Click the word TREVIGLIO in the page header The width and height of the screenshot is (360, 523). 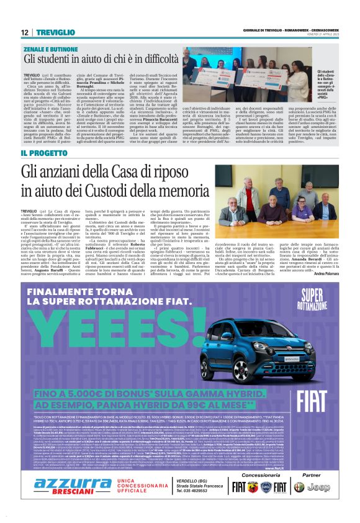[x=54, y=32]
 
